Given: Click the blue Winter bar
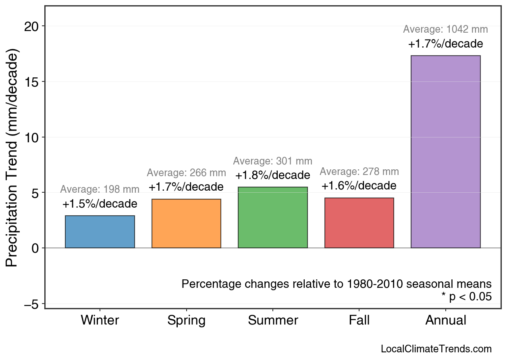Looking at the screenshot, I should [x=100, y=232].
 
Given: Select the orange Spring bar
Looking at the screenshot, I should [x=186, y=224].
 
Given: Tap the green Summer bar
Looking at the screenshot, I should [x=273, y=218].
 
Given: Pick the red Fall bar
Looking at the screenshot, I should [x=359, y=223].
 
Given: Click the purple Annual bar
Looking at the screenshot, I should [x=445, y=152].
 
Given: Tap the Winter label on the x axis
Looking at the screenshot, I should [x=100, y=320].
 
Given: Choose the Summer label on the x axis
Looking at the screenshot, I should [x=273, y=320].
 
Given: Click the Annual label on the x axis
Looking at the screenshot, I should [x=445, y=320].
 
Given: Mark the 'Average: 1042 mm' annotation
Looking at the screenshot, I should [x=445, y=29].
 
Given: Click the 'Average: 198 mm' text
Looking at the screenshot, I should [x=100, y=189].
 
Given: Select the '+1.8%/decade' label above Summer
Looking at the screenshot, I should [x=273, y=176].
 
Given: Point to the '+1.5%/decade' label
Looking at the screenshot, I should [x=100, y=204].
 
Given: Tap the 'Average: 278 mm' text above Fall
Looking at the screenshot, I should [x=359, y=172].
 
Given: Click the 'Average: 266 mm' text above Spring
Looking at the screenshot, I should [x=186, y=173].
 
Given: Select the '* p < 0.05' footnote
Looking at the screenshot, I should [x=466, y=297].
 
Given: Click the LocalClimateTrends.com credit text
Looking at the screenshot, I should [x=436, y=349].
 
